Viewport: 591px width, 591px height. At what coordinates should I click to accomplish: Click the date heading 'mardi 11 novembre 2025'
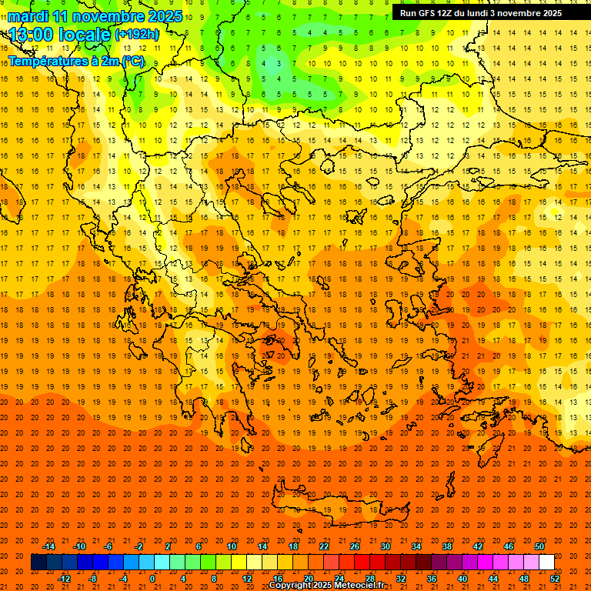[96, 16]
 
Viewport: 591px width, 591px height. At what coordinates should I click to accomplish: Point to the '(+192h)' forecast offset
[137, 34]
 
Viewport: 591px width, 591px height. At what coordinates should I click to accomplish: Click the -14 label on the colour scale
[48, 546]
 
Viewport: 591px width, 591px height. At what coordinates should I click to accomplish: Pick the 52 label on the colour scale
[556, 578]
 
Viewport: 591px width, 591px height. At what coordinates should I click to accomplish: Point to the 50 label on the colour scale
[539, 546]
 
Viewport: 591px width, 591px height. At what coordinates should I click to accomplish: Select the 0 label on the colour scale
[152, 578]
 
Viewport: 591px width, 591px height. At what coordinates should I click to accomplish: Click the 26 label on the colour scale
[355, 546]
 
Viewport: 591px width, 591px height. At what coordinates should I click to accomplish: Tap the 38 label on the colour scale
[447, 546]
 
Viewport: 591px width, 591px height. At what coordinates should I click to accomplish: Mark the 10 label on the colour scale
[232, 546]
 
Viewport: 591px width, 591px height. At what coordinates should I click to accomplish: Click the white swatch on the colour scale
[547, 563]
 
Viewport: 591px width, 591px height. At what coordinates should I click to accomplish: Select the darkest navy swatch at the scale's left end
[38, 563]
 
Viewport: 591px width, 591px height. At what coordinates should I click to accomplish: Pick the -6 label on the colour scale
[108, 546]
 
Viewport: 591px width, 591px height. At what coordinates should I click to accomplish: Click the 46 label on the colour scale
[509, 546]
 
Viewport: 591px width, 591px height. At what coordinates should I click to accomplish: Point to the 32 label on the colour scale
[401, 578]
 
